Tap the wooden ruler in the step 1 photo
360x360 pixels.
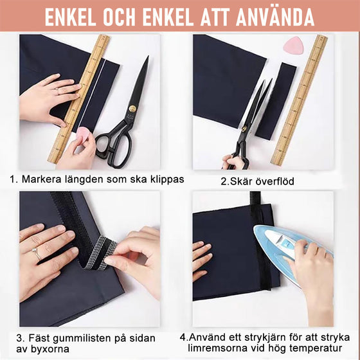[x=80, y=96]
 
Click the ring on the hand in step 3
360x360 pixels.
[x=36, y=255]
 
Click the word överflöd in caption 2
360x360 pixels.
[x=272, y=181]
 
